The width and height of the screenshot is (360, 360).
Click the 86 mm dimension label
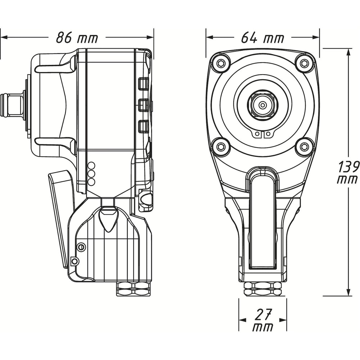[x=77, y=37]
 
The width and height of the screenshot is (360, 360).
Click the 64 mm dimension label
[x=262, y=37]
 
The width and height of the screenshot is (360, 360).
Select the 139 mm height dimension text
[x=348, y=172]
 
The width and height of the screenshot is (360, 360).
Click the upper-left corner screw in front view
[x=221, y=63]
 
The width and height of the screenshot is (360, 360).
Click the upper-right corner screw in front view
[x=305, y=63]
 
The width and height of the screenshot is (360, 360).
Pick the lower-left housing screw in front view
[x=221, y=146]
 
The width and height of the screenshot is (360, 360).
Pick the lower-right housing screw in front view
[x=305, y=146]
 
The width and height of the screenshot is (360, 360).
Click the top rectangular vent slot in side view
[x=143, y=84]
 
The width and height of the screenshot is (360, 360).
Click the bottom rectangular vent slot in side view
[x=143, y=127]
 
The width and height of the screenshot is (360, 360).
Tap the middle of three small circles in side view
[x=91, y=174]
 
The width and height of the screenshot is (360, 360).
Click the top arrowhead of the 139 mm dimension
[x=348, y=52]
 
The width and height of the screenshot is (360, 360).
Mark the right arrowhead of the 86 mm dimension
[x=150, y=37]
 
